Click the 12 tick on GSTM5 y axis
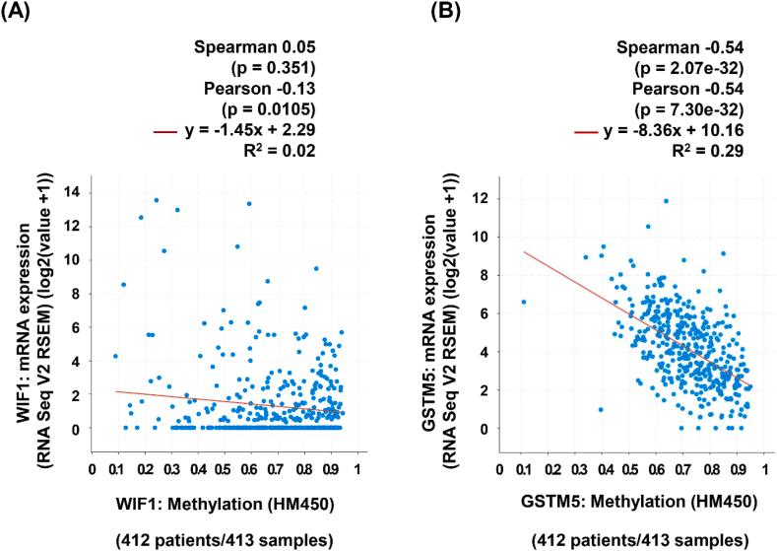[x=481, y=198]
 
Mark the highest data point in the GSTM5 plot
[x=666, y=201]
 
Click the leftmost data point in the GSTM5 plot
[x=524, y=302]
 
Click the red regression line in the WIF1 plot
[x=217, y=401]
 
